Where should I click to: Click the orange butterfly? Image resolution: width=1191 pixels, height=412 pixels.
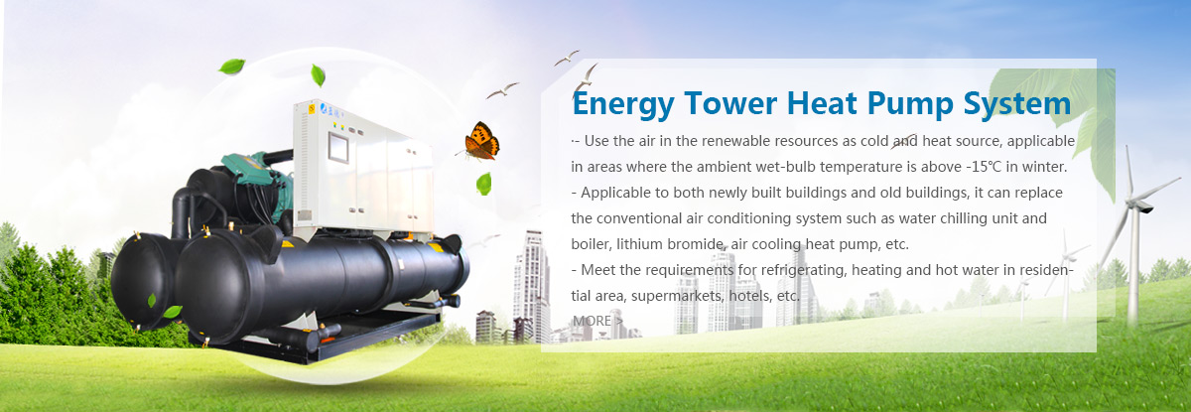click(x=481, y=140)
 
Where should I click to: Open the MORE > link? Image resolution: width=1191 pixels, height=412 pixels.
click(x=597, y=321)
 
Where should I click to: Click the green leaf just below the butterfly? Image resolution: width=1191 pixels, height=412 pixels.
click(x=483, y=183)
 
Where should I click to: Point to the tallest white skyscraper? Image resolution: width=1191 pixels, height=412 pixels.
click(x=532, y=283)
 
